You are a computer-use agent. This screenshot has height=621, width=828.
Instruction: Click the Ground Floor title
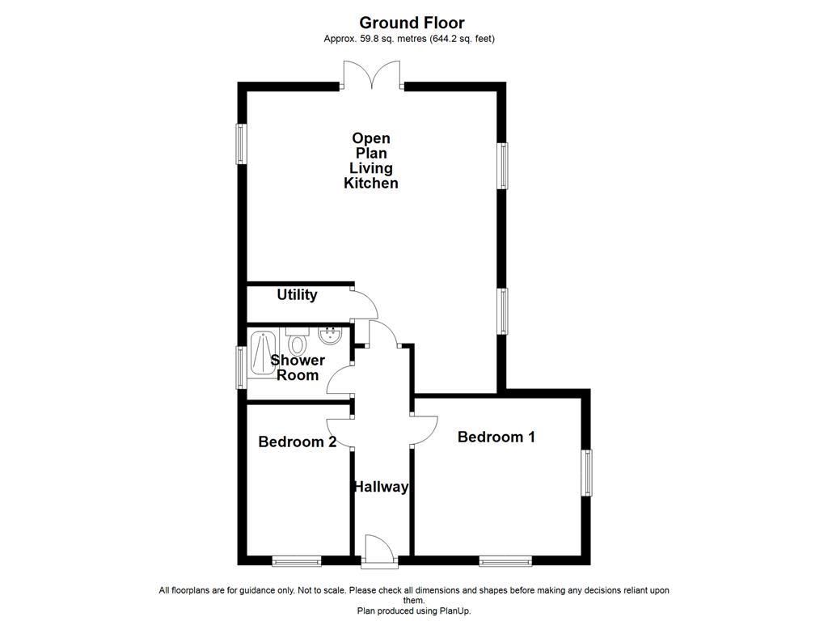tap(412, 23)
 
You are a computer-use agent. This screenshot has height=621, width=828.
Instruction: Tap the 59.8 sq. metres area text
tap(381, 38)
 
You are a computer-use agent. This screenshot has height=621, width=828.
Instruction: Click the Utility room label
tap(297, 295)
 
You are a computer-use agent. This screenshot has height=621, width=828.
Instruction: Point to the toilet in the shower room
tap(297, 343)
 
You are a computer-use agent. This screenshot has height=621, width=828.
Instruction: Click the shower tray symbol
tap(261, 353)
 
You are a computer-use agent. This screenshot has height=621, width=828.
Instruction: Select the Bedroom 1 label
tap(496, 437)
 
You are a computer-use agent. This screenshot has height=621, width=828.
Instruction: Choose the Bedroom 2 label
tap(297, 442)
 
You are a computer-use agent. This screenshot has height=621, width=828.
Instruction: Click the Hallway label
tap(380, 487)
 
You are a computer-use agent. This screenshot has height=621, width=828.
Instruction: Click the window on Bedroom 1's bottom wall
tap(505, 560)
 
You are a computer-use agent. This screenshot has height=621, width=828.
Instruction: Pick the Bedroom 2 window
tap(297, 560)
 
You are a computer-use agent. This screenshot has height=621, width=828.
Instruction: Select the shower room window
tap(241, 366)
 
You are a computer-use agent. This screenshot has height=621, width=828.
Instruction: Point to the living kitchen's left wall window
tap(241, 144)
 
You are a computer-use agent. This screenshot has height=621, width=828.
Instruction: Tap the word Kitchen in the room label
tap(371, 184)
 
